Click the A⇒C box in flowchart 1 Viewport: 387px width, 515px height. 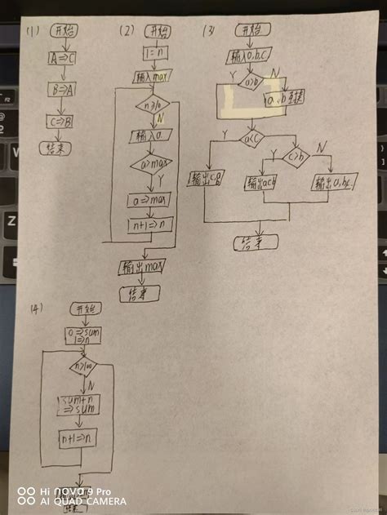pyautogui.click(x=61, y=60)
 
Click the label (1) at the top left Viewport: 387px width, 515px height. pyautogui.click(x=33, y=32)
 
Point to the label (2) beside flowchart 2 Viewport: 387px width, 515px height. pyautogui.click(x=126, y=32)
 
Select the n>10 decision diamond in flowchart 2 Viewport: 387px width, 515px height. pyautogui.click(x=153, y=104)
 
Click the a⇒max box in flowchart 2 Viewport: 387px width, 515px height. pyautogui.click(x=153, y=198)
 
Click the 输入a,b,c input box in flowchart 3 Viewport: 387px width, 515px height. pyautogui.click(x=250, y=58)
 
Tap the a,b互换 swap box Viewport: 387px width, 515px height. pyautogui.click(x=283, y=100)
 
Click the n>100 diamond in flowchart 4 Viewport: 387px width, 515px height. pyautogui.click(x=84, y=368)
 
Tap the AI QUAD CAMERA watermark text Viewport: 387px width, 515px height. pyautogui.click(x=82, y=500)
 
